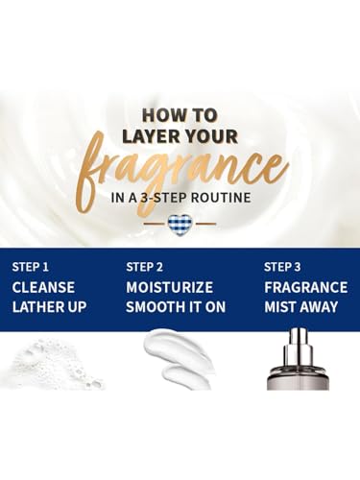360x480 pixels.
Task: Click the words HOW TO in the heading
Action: (180, 115)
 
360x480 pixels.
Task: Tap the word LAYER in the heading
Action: (148, 136)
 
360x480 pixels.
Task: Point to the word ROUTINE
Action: (221, 197)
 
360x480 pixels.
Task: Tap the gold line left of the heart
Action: (155, 224)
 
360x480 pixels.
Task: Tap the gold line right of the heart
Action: (204, 224)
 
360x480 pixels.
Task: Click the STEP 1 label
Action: (31, 267)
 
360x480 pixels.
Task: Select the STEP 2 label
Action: (144, 267)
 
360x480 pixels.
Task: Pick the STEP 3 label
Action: (282, 267)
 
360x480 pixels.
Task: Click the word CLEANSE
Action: (43, 287)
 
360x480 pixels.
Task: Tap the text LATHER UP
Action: (49, 306)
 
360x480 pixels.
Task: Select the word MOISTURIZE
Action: (169, 287)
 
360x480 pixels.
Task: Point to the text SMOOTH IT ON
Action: (176, 306)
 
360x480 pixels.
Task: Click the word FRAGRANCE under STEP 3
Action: (305, 287)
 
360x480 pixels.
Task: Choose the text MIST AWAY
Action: (300, 306)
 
